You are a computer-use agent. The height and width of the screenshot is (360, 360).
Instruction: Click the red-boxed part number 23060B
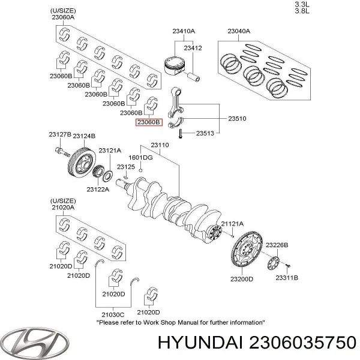point(149,122)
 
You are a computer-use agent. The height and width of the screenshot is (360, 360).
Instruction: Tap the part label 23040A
point(238,31)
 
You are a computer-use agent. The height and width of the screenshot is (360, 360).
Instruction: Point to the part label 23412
point(193,48)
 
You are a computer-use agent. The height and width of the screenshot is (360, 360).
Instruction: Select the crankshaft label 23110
point(160,145)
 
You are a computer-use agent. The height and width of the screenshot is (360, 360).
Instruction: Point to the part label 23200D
point(242,279)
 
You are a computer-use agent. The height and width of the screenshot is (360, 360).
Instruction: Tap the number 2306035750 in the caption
point(308,342)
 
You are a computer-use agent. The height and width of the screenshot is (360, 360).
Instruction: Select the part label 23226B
point(277,245)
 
